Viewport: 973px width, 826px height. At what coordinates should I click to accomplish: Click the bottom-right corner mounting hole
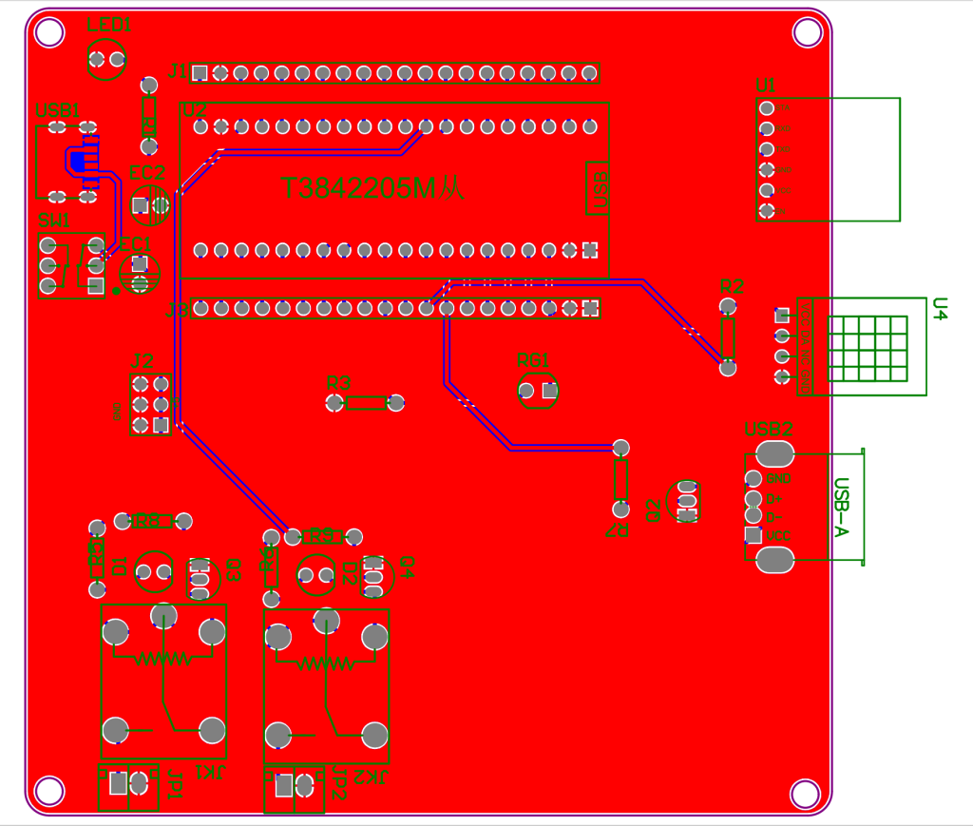pos(805,792)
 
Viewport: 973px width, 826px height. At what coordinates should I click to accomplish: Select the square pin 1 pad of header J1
pos(200,73)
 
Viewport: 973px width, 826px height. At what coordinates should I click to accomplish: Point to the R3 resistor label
pos(338,383)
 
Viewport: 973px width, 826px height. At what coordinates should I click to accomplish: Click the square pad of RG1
pos(547,390)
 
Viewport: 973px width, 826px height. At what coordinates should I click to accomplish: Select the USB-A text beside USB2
pos(840,506)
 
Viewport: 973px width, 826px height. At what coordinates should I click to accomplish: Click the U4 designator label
pos(940,309)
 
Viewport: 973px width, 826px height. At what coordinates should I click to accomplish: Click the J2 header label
pos(142,361)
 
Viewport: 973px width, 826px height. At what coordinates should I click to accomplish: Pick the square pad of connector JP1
pos(118,783)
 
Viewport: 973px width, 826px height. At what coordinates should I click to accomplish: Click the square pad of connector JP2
pos(283,786)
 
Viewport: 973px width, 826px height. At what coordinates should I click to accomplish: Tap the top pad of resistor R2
pos(728,306)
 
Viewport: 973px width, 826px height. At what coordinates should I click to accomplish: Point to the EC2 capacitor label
pos(147,173)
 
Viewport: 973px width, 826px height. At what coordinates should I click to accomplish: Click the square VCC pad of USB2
pos(754,535)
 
